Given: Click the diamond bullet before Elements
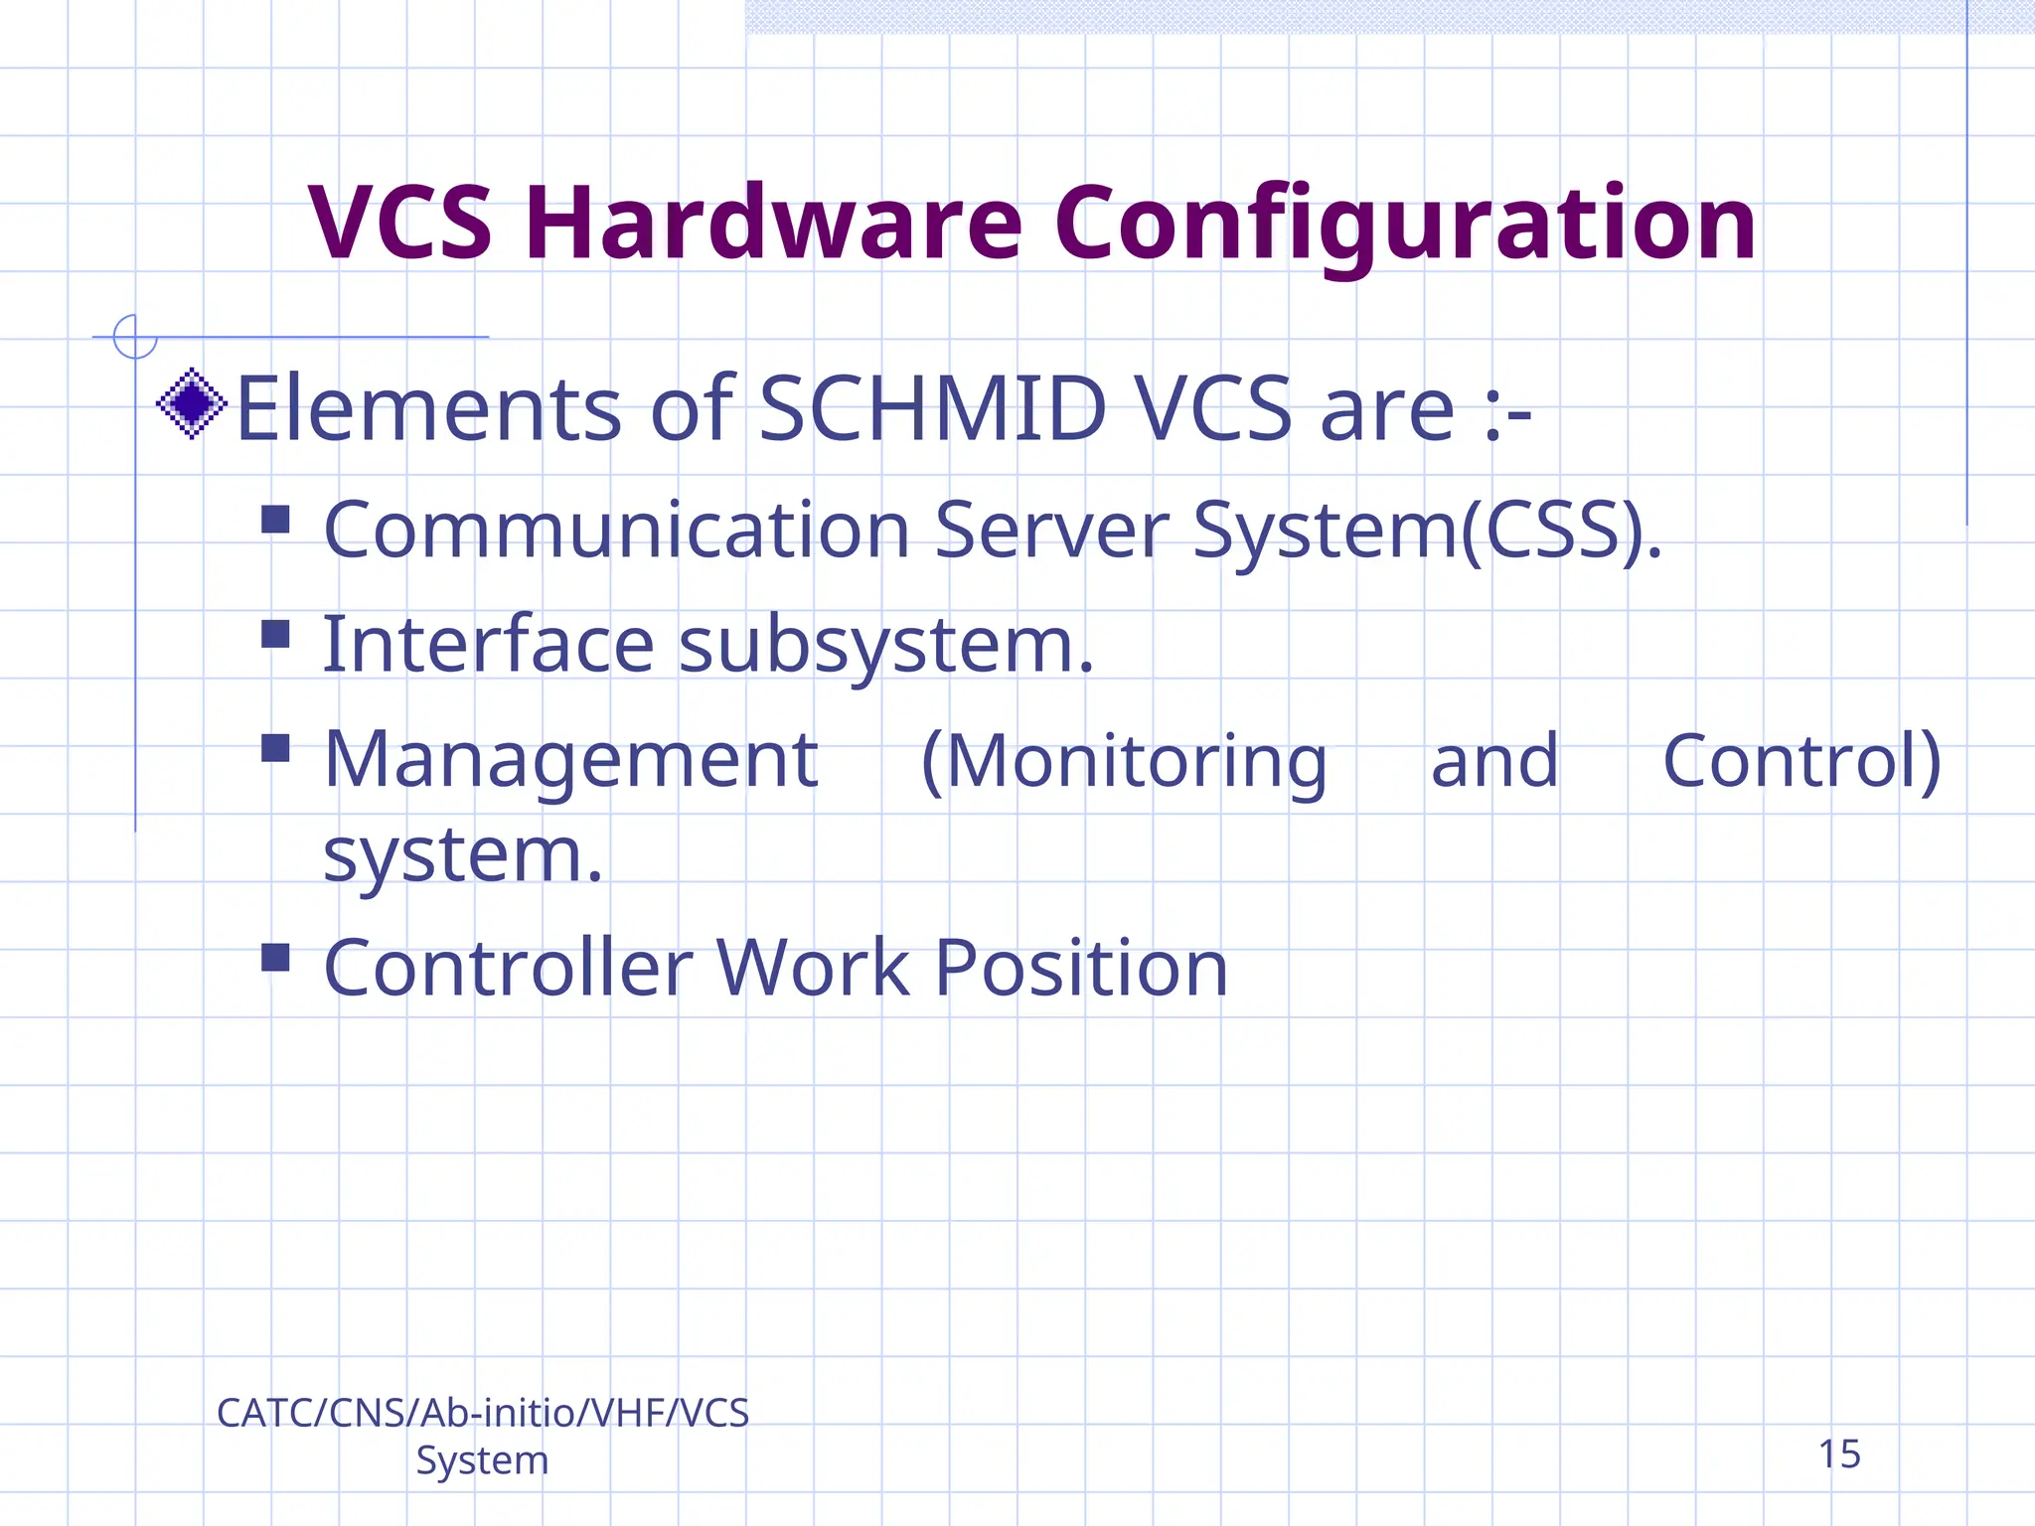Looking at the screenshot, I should [192, 403].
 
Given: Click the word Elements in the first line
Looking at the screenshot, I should [428, 408].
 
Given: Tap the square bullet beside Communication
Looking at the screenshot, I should [275, 520].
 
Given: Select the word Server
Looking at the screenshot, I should [1051, 530].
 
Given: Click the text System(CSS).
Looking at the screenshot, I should [1426, 530].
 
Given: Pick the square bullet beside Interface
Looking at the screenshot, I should [275, 634].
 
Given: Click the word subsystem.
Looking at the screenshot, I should [886, 646].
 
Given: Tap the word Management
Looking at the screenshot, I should [570, 760].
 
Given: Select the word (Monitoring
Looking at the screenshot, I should [1124, 762].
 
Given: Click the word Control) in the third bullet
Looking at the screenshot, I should [1801, 762].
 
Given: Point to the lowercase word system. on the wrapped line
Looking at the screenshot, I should [463, 855].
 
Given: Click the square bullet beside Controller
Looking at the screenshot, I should [275, 958].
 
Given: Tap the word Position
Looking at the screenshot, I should [1081, 968].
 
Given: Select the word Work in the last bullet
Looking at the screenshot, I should [813, 968].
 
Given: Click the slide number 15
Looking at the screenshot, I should [1838, 1454].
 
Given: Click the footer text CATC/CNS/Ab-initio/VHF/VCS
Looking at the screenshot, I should [483, 1413].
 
